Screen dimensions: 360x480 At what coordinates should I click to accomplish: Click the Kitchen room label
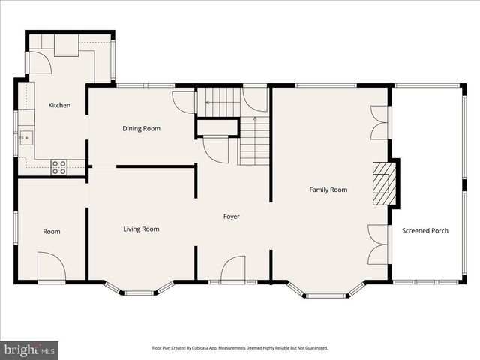tap(59, 106)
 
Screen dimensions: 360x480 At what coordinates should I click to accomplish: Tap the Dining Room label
tap(142, 129)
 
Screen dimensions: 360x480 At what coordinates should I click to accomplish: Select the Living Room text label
tap(141, 229)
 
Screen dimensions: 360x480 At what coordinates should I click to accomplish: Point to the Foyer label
tap(232, 217)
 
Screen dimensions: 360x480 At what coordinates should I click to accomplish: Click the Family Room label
tap(328, 190)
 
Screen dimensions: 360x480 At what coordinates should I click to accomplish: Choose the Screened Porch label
tap(425, 231)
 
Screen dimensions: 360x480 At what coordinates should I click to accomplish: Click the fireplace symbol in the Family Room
tap(384, 182)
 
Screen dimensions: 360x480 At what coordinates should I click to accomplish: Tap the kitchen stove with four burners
tap(58, 168)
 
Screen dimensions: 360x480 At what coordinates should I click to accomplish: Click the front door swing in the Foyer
tap(234, 268)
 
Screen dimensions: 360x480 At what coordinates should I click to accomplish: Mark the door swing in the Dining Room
tap(183, 101)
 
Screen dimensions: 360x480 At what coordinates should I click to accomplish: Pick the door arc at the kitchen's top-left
tap(40, 63)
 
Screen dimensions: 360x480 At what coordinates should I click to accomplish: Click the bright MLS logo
tap(30, 349)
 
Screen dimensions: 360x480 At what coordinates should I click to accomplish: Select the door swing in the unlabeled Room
tap(52, 267)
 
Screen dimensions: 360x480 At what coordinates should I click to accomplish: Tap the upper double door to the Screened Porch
tap(380, 122)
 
